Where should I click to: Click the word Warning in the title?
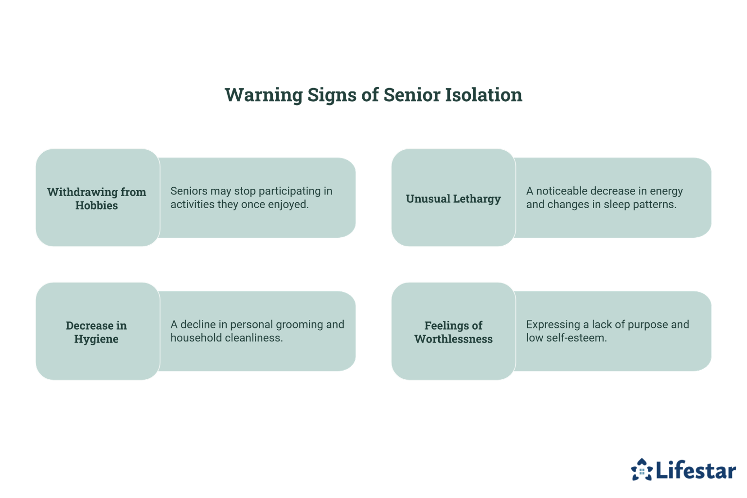click(x=264, y=95)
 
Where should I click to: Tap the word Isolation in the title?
click(x=483, y=95)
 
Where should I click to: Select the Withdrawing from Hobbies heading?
click(x=96, y=198)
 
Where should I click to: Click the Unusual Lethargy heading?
click(x=453, y=199)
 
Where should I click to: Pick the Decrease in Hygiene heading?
click(x=96, y=332)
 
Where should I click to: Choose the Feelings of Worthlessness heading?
click(x=454, y=332)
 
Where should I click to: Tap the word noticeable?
click(x=562, y=191)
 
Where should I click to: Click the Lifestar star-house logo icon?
click(x=641, y=470)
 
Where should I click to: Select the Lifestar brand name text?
click(x=695, y=470)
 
